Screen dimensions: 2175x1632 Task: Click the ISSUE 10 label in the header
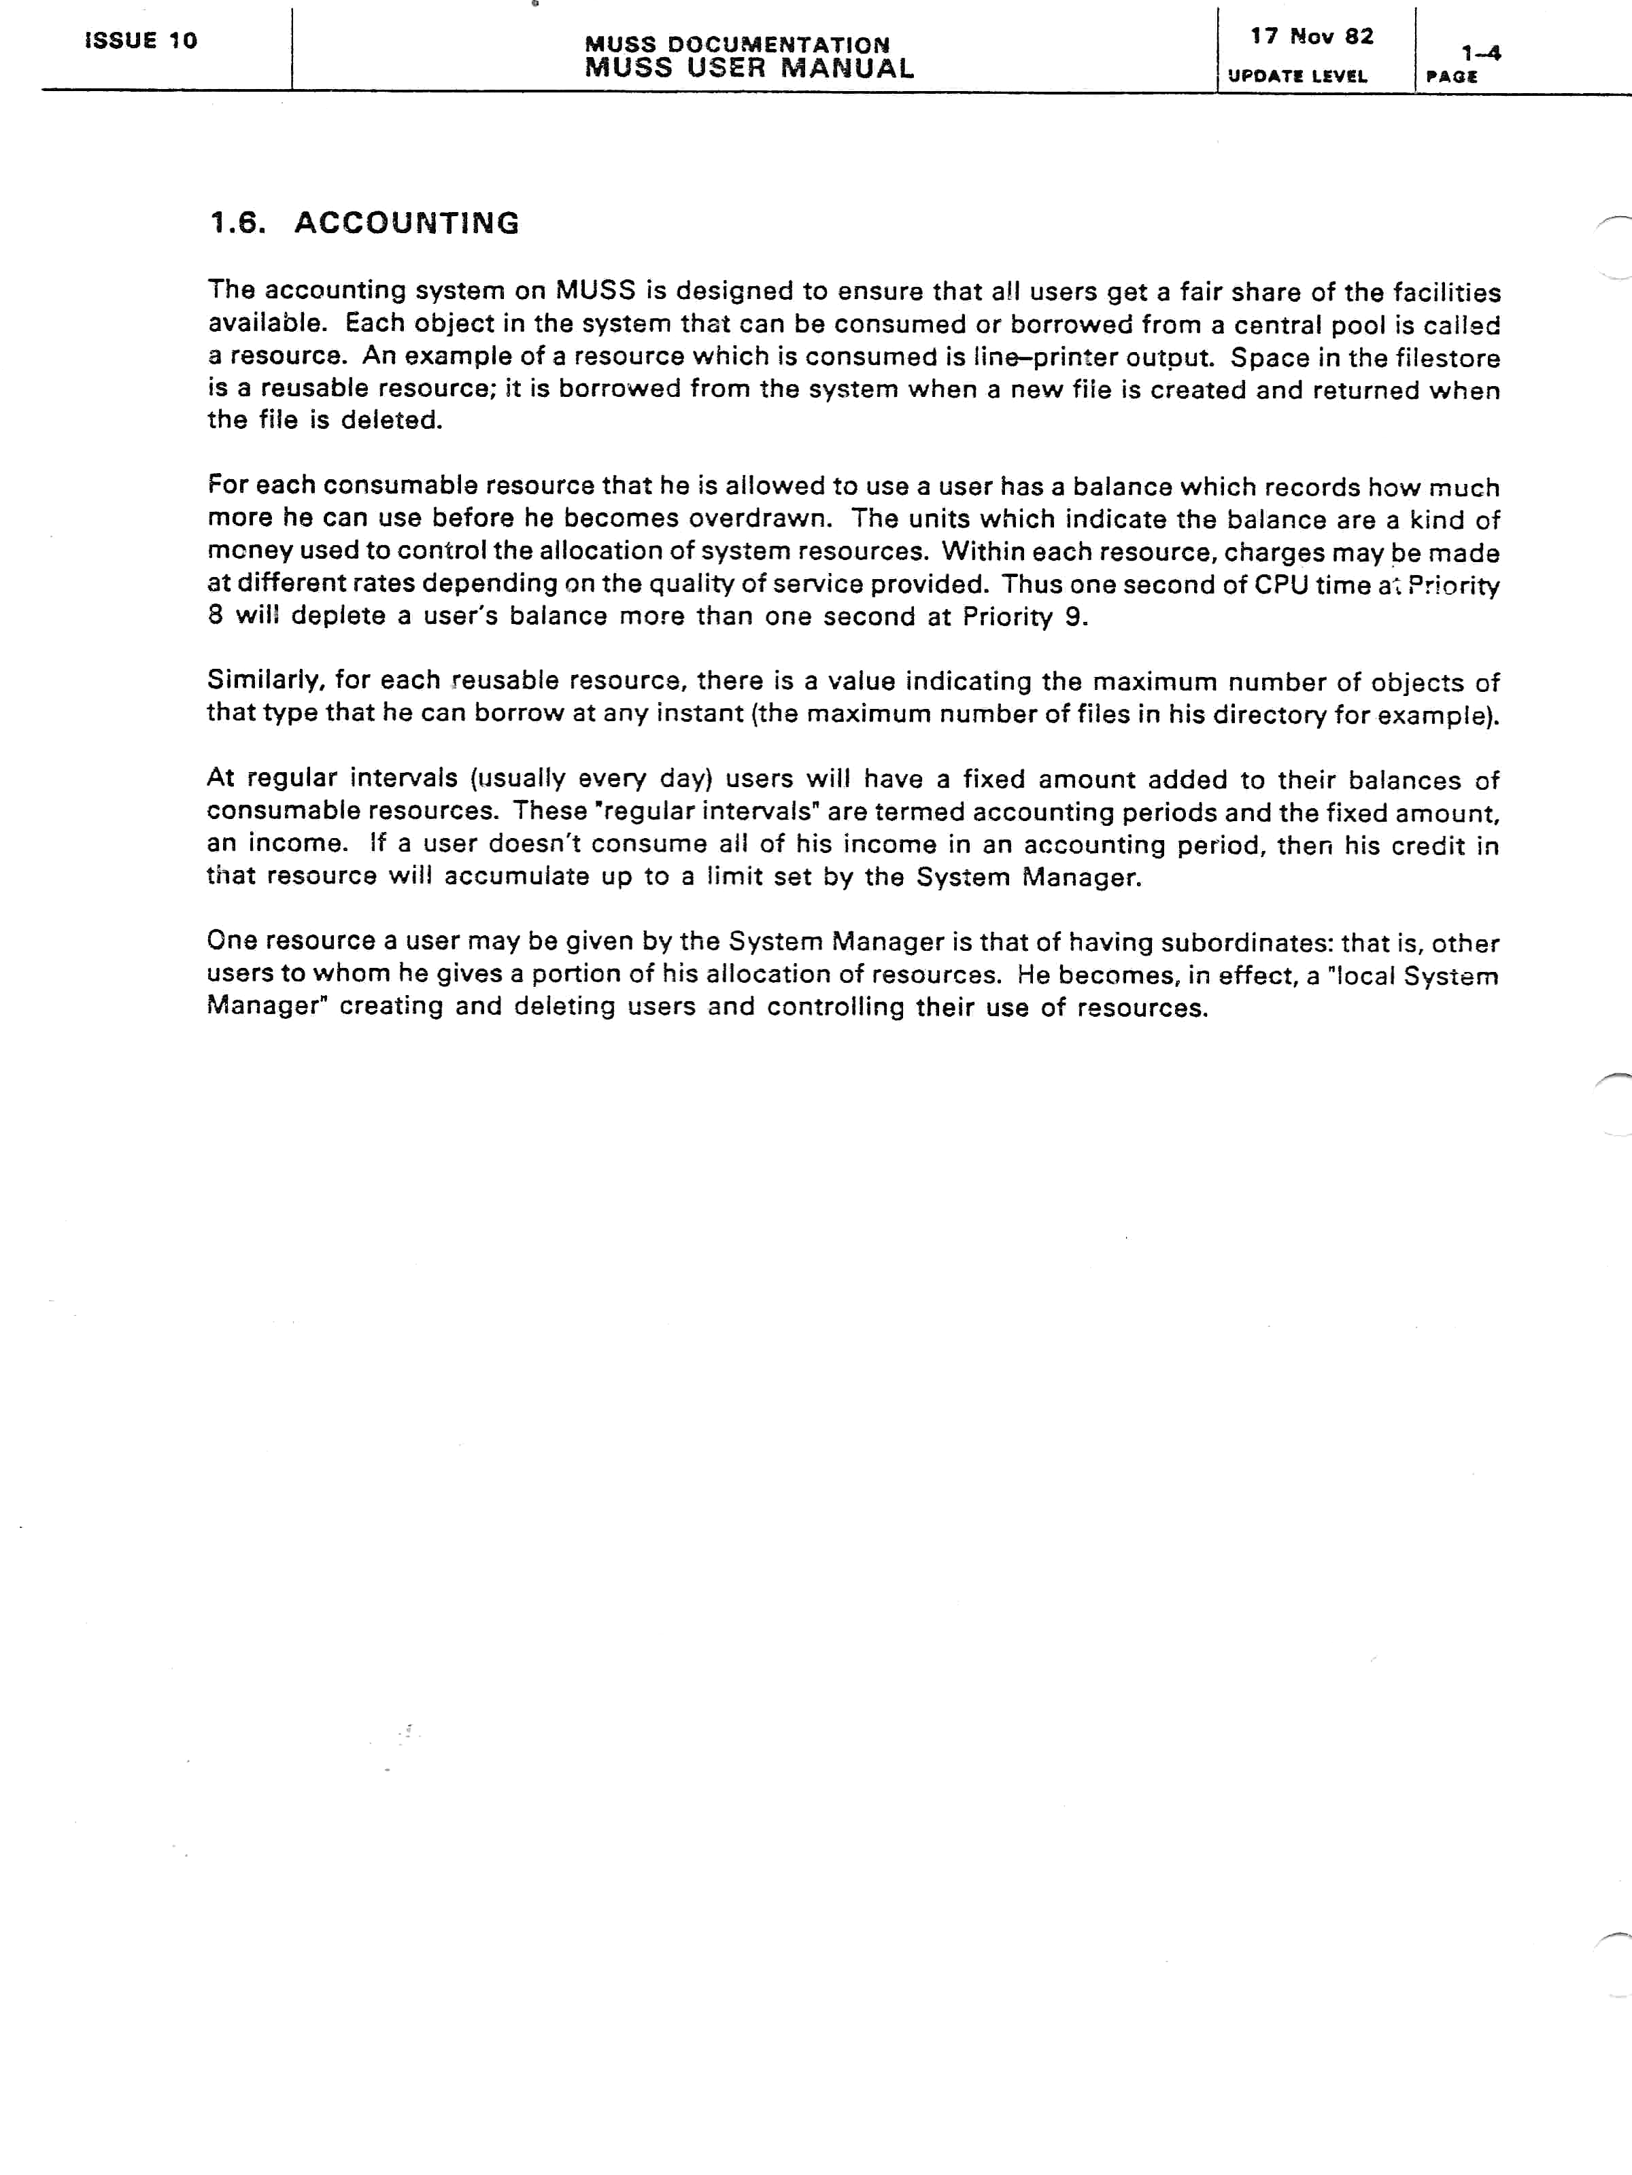click(x=141, y=40)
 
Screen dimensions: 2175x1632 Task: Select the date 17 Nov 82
click(x=1311, y=37)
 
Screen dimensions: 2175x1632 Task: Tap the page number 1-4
click(x=1480, y=53)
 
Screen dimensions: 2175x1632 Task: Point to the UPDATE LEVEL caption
click(x=1297, y=75)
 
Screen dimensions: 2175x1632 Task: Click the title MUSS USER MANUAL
click(x=749, y=68)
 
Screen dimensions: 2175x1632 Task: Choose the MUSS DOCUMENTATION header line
click(x=737, y=44)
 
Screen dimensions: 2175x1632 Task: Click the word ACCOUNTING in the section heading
click(x=406, y=223)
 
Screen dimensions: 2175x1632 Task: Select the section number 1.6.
click(x=237, y=223)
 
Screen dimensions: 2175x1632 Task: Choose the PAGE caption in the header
click(x=1451, y=77)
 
